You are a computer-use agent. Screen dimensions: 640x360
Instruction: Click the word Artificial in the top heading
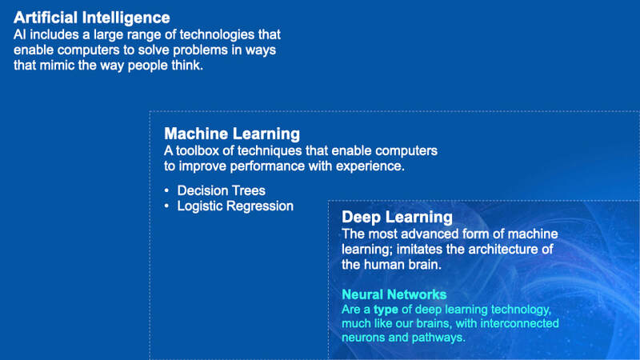[x=46, y=18]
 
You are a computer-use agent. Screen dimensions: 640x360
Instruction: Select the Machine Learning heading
[x=232, y=134]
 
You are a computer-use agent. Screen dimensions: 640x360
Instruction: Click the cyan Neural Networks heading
[x=394, y=294]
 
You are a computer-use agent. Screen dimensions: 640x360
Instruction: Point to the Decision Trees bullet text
[x=222, y=190]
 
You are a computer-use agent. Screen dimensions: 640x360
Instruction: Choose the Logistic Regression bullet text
[x=235, y=206]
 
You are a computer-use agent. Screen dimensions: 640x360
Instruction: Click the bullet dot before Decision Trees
[x=166, y=190]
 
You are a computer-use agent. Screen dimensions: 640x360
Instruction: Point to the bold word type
[x=386, y=310]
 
